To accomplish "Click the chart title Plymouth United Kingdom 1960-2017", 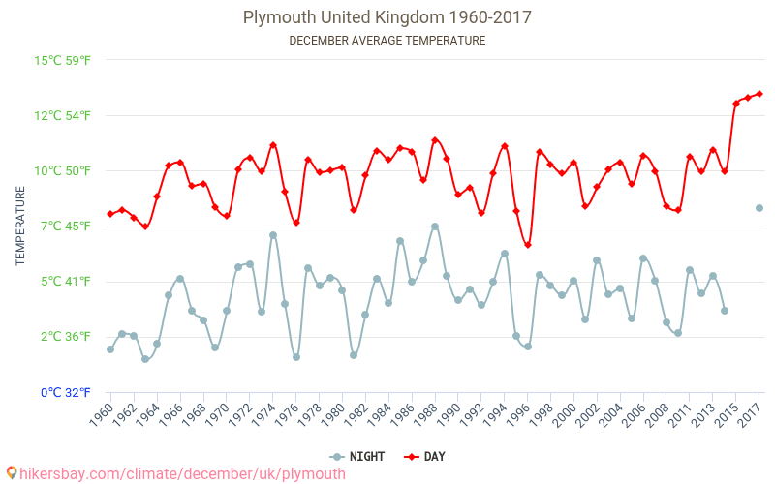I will (387, 17).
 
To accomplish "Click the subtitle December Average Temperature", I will (387, 41).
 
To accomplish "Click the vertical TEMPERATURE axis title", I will (21, 227).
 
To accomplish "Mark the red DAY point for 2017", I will (759, 94).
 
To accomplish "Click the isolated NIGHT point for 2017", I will (759, 208).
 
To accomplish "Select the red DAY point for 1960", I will (110, 214).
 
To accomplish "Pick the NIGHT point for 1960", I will (110, 349).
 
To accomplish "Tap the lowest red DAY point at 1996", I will (528, 245).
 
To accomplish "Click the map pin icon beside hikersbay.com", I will (12, 473).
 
